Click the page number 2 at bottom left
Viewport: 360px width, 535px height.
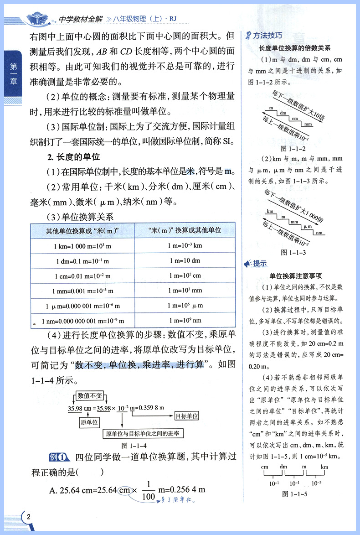click(28, 517)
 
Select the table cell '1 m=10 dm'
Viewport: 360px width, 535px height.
click(185, 261)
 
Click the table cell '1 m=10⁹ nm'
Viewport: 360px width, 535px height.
click(185, 321)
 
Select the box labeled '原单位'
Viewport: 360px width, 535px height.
click(89, 423)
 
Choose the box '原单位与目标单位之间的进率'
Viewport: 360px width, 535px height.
click(142, 433)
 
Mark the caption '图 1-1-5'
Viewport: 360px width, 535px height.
click(293, 493)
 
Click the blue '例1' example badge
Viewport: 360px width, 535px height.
click(57, 457)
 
